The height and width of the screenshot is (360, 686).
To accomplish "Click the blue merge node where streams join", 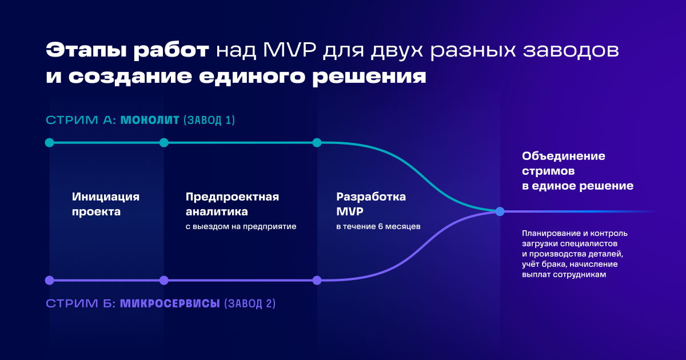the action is click(500, 211).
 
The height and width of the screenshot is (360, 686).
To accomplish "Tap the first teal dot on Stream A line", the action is click(49, 143).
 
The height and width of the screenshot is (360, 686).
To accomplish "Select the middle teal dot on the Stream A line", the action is click(164, 143).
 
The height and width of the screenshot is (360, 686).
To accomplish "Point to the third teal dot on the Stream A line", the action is click(317, 143).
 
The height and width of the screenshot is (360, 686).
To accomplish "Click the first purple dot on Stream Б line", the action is click(49, 280).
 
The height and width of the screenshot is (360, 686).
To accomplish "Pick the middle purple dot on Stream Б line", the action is click(164, 280).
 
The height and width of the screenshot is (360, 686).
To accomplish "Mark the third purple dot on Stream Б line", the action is click(317, 280).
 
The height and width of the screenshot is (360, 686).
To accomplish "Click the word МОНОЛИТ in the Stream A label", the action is click(150, 120).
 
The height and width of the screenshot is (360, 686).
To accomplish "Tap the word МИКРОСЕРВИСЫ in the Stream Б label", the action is click(170, 303).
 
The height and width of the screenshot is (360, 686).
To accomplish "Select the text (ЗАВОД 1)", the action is click(209, 120).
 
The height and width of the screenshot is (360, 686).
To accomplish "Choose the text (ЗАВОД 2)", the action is click(250, 303).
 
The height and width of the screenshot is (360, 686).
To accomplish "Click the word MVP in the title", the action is click(289, 50).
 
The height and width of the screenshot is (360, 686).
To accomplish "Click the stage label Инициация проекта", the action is click(106, 204).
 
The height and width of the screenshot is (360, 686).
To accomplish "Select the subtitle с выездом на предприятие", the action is click(241, 226).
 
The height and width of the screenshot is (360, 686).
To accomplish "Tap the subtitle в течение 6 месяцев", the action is click(378, 226).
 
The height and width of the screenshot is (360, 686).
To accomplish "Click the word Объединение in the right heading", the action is click(564, 156).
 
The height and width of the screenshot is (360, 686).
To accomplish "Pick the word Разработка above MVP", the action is click(371, 197).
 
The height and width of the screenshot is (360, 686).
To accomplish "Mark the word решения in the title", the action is click(369, 77).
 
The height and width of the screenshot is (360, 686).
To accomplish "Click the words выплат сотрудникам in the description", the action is click(564, 275).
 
